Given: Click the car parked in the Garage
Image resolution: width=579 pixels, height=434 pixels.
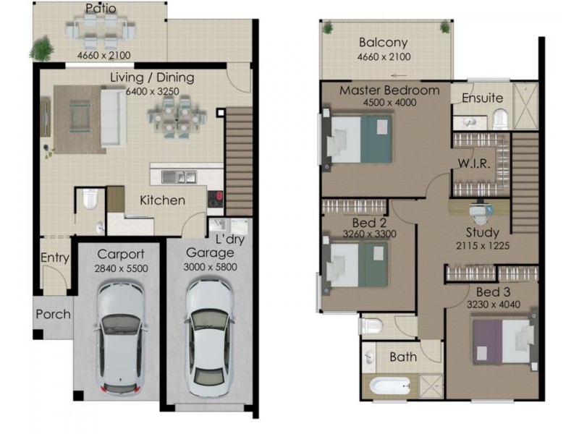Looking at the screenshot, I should click(x=208, y=336).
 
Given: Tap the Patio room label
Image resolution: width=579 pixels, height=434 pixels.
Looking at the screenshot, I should click(x=100, y=9).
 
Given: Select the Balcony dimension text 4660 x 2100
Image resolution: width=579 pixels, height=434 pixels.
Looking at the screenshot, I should click(x=384, y=57).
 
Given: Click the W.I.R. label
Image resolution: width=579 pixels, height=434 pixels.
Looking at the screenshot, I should click(x=474, y=163).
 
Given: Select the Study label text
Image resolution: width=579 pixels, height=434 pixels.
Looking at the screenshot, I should click(x=481, y=233).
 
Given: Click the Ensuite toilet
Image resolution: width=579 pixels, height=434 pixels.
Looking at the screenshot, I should click(x=500, y=118).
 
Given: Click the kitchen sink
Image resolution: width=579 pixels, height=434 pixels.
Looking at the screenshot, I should click(x=178, y=176).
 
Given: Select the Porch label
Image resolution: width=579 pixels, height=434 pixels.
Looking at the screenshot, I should click(x=54, y=314).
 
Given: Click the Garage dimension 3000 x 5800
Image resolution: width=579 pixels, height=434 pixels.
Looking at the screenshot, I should click(x=210, y=267).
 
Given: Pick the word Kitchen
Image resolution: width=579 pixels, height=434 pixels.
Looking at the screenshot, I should click(x=162, y=200).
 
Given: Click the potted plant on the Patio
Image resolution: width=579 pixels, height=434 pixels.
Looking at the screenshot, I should click(x=42, y=48).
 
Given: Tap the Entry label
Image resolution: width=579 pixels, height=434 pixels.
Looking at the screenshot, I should click(x=54, y=258).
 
